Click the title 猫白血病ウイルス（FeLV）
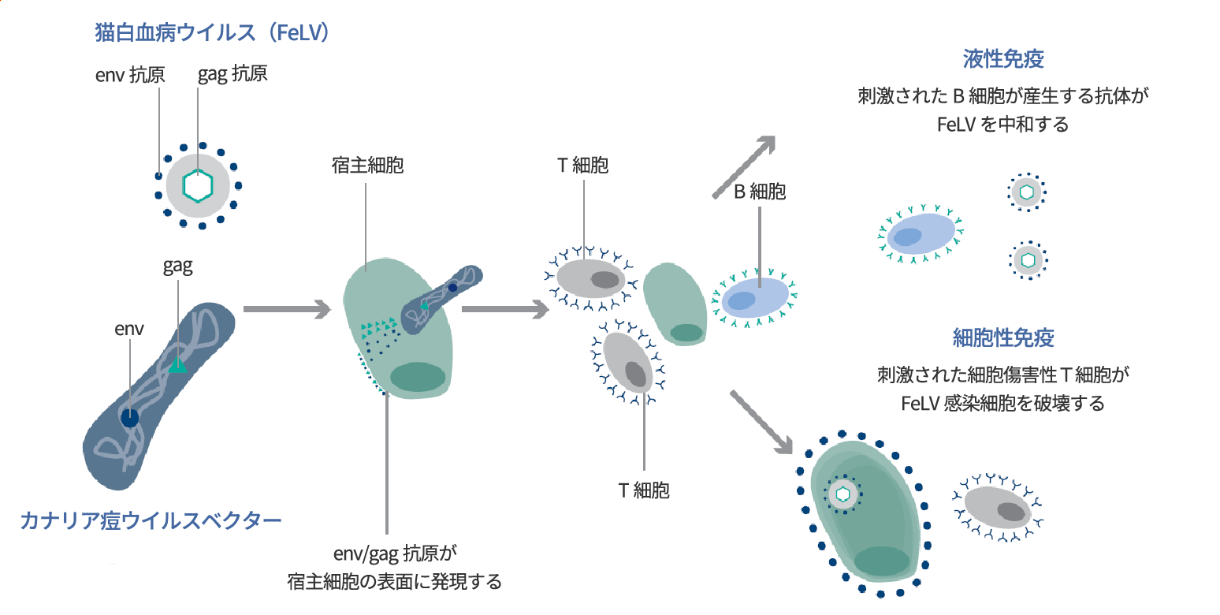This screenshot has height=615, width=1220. (x=210, y=34)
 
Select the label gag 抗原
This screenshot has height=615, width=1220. (x=232, y=74)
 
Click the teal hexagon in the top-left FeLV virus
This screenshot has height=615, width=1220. (x=198, y=185)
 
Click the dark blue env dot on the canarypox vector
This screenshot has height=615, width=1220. (x=130, y=417)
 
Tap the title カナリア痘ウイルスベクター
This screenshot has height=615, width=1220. (x=151, y=520)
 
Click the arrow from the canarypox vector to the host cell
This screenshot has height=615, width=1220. (x=285, y=309)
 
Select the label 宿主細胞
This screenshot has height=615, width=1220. (x=368, y=166)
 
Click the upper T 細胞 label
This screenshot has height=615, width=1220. (x=583, y=166)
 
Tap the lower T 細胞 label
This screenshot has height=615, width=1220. (x=644, y=490)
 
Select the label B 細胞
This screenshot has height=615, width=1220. (x=760, y=192)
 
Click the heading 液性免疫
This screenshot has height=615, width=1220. (x=1003, y=59)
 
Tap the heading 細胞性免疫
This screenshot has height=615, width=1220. (x=1003, y=338)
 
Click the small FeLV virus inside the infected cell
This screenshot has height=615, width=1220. (x=843, y=494)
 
